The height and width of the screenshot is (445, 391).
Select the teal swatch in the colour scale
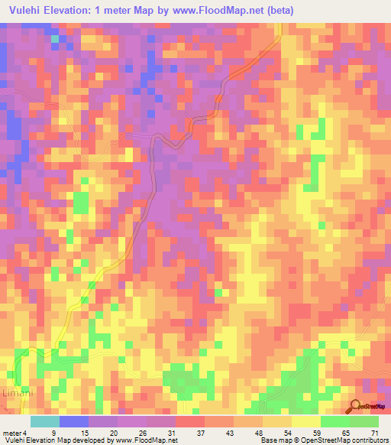45,421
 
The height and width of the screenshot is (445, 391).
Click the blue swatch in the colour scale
74,421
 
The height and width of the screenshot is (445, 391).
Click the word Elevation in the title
74,10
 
